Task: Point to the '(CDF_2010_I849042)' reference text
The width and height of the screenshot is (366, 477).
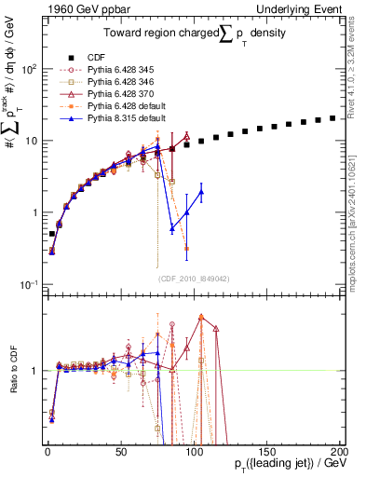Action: tap(194, 278)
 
